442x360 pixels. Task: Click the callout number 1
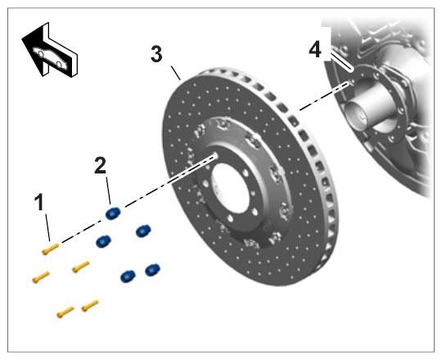click(39, 202)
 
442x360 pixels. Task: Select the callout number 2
click(101, 165)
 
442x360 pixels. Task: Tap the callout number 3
click(156, 54)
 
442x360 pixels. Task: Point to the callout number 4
click(315, 50)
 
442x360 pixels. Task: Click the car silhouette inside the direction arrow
click(50, 58)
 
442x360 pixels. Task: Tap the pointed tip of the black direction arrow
click(22, 38)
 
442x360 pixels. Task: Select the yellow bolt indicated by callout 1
click(51, 249)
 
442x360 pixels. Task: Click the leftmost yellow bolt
click(41, 277)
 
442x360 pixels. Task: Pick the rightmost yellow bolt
click(90, 306)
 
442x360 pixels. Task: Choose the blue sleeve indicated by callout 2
click(113, 213)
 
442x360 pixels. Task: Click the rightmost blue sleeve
click(152, 270)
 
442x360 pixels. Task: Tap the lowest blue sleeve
click(128, 276)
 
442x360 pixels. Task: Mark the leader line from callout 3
click(176, 73)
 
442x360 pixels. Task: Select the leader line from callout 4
click(341, 62)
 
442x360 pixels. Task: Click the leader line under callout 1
click(48, 227)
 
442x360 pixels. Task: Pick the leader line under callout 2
click(108, 190)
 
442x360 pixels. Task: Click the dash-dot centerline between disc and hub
click(323, 96)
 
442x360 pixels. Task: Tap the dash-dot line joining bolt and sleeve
click(82, 232)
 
